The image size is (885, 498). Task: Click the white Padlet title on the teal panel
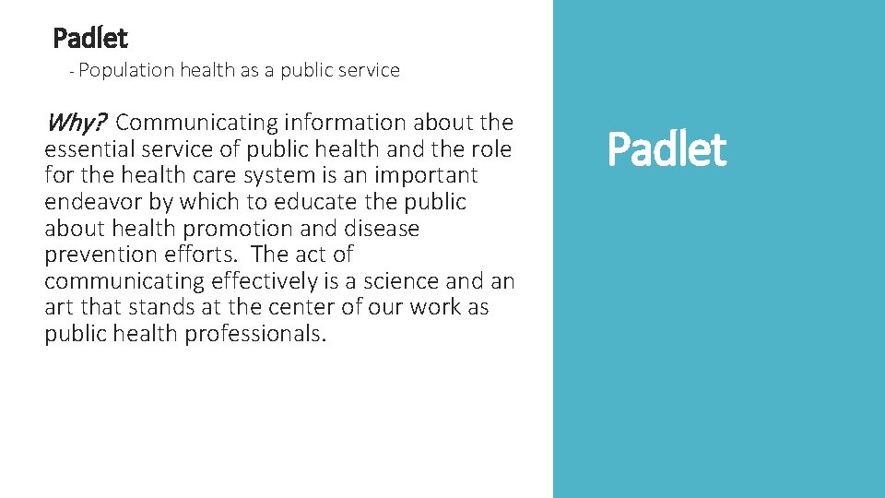(667, 149)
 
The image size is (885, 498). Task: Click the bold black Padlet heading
(90, 39)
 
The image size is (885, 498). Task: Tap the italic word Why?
(77, 122)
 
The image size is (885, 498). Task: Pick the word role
(491, 148)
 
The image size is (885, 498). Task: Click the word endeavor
(90, 202)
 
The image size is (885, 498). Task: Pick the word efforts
(205, 255)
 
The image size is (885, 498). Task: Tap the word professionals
(255, 334)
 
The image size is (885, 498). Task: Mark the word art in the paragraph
(57, 307)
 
